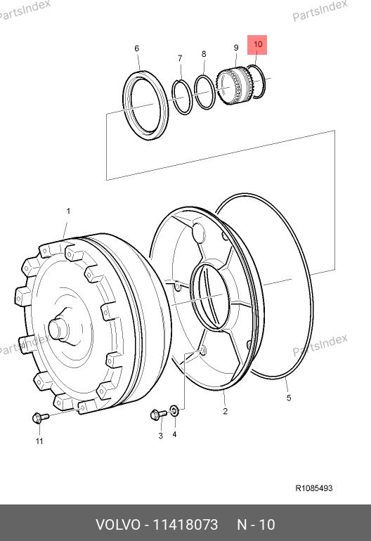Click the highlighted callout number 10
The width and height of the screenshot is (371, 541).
[257, 44]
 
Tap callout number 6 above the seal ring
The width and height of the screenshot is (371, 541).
[137, 48]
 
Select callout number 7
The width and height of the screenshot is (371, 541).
[180, 58]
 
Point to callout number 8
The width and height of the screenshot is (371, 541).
[204, 54]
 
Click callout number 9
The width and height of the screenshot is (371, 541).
[236, 48]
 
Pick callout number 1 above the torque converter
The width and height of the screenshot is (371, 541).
[68, 211]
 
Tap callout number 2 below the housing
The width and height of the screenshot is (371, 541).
[225, 411]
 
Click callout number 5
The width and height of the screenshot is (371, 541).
[289, 398]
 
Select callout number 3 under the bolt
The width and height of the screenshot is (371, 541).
[160, 436]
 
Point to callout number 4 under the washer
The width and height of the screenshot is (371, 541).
[174, 434]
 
